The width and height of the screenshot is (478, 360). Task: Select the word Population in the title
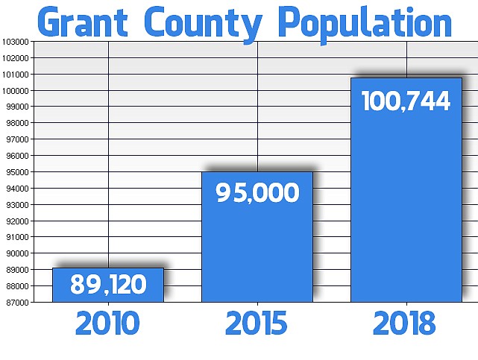tap(365, 23)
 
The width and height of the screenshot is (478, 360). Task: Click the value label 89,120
tap(108, 284)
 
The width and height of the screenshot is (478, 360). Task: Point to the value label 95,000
tap(257, 193)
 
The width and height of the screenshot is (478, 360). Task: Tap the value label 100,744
tap(406, 101)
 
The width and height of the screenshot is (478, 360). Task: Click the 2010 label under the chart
tap(107, 324)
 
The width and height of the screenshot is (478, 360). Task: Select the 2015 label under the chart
tap(257, 324)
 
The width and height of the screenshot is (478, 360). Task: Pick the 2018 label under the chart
tap(405, 324)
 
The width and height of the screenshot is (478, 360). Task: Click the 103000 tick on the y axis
tap(16, 42)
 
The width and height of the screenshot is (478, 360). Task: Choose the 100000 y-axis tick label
tap(16, 91)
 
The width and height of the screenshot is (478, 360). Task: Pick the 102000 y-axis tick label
tap(16, 58)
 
